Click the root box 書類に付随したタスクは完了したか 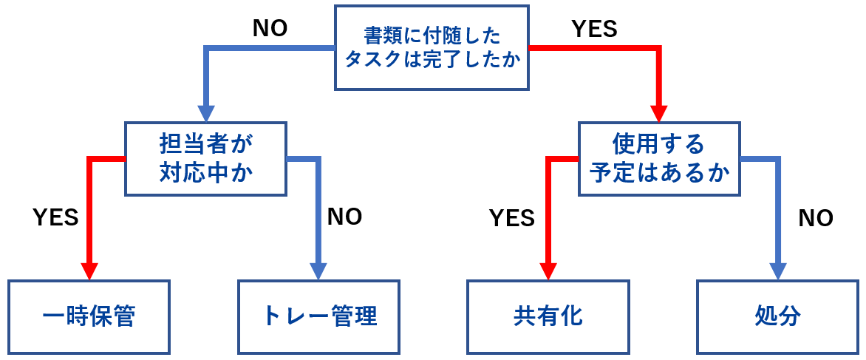point(432,47)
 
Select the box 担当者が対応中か point(205,158)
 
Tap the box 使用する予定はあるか point(659,158)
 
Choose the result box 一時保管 point(89,316)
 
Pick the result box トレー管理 point(319,316)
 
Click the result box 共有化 point(548,316)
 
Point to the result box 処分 point(777,316)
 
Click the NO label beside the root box point(270,28)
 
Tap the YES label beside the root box point(594,28)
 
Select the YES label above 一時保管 point(56,217)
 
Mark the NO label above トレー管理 point(344,217)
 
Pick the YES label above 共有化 point(512,218)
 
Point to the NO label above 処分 point(816,218)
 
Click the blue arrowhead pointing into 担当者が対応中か point(205,114)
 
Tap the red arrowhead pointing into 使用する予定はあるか point(658,114)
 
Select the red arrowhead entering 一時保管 point(89,271)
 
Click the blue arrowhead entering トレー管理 point(319,271)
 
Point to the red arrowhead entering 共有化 point(548,271)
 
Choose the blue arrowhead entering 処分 point(777,271)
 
